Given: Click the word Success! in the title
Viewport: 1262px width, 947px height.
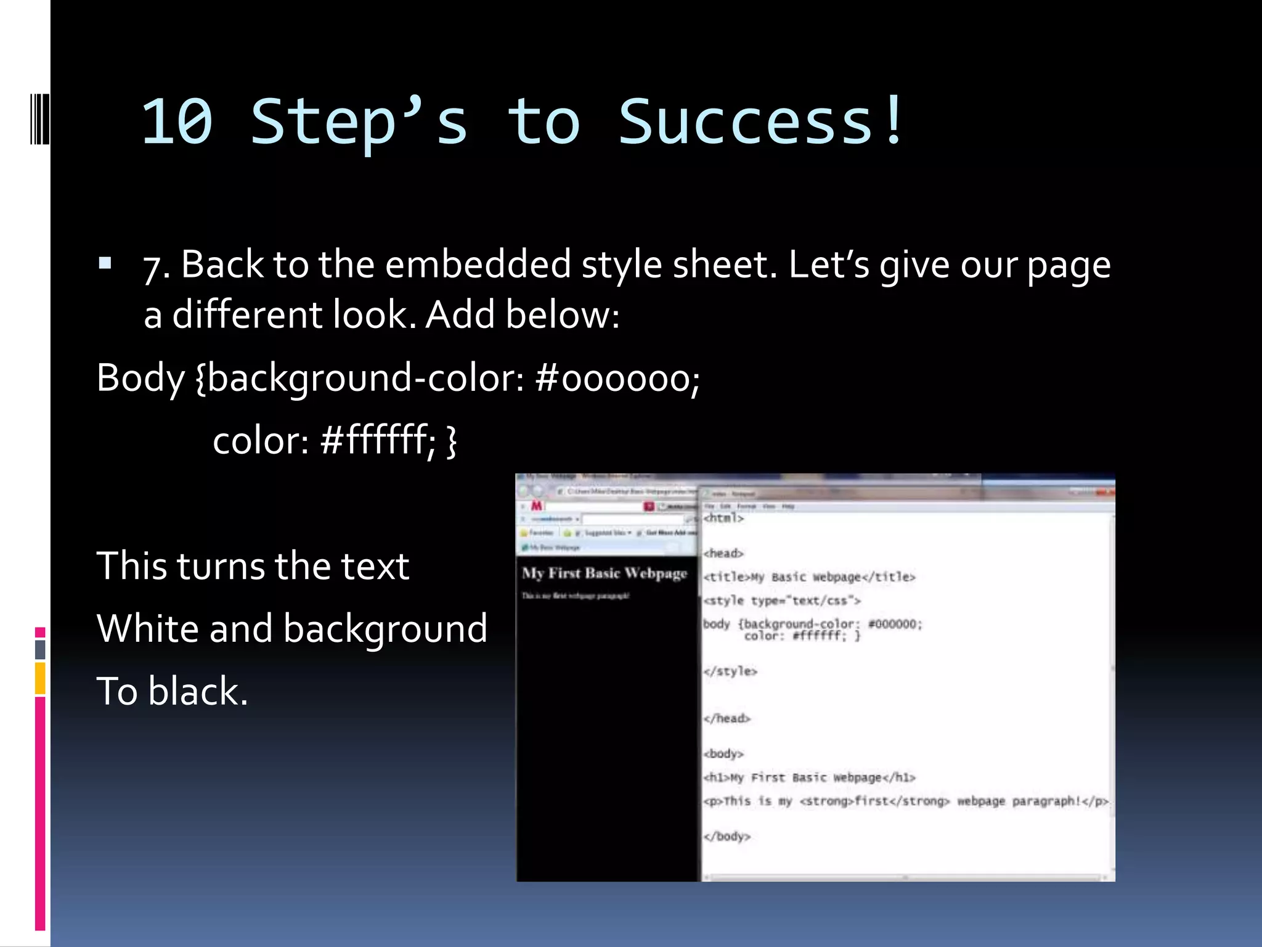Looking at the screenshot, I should pos(762,122).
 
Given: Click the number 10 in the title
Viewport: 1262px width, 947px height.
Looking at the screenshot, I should pos(177,122).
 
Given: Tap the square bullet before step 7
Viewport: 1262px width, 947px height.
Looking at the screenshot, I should pos(105,264).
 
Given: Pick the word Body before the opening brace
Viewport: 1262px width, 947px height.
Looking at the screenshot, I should pos(140,378).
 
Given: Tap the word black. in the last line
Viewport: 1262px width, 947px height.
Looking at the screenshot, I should pos(198,691).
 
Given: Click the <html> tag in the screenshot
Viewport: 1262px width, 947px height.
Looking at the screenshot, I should pos(724,518).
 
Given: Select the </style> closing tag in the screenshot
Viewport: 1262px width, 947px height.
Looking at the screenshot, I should pos(730,671).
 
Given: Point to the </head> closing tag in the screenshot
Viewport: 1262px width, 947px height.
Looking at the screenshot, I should pos(727,718).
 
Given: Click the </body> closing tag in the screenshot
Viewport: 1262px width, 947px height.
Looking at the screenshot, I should pos(727,837).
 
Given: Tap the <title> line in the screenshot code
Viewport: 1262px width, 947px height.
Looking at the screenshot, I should pos(809,577).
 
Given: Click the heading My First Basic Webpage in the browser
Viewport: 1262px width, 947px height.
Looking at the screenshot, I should pos(604,573).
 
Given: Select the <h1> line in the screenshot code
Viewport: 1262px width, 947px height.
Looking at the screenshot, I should pos(809,777).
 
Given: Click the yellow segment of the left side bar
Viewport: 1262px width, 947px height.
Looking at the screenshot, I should pos(40,678).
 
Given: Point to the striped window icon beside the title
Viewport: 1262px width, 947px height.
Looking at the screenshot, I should pos(39,118).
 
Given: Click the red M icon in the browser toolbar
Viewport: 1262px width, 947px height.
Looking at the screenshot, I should pos(536,506).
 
